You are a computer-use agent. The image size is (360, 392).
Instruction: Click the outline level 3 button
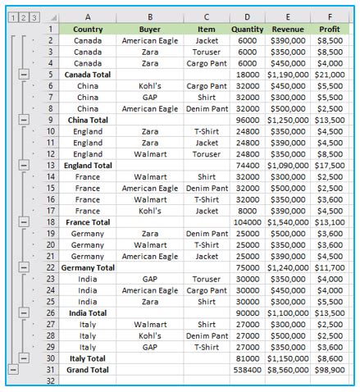click(34, 17)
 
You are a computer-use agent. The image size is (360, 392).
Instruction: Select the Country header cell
click(88, 29)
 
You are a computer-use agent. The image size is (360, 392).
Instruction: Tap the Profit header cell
click(330, 29)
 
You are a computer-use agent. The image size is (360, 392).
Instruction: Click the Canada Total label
click(88, 75)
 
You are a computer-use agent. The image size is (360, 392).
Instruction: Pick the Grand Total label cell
click(88, 369)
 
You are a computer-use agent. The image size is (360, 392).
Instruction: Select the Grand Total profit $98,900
click(330, 369)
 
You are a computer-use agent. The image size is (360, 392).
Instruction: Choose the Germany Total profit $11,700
click(330, 267)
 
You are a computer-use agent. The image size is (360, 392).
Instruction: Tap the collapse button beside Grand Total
click(11, 369)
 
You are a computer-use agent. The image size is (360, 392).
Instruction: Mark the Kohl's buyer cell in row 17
click(149, 210)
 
